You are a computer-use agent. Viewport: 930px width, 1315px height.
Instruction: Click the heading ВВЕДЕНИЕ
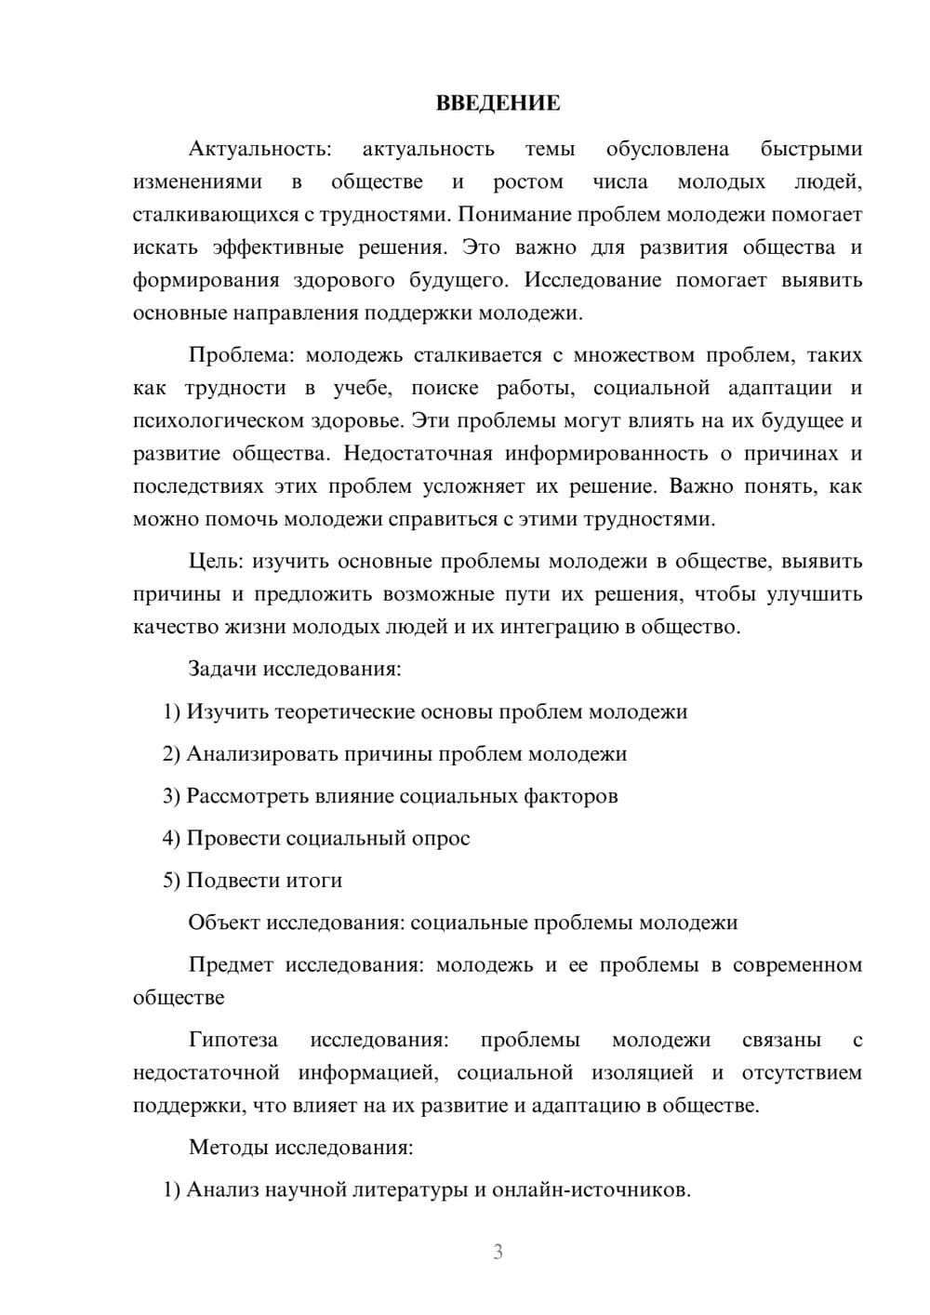(x=498, y=103)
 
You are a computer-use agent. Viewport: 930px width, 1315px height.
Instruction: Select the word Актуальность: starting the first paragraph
(x=259, y=149)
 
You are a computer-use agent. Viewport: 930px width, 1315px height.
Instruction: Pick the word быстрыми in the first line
(x=811, y=149)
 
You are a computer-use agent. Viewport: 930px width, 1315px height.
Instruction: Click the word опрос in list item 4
(x=441, y=838)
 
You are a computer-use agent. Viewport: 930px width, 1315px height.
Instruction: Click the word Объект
(x=224, y=923)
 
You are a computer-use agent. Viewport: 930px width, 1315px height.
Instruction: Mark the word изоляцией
(x=642, y=1073)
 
